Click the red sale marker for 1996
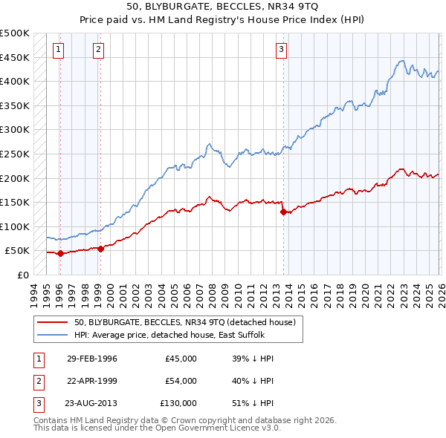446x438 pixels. click(x=60, y=253)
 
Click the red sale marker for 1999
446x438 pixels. click(x=100, y=249)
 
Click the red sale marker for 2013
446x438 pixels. click(x=283, y=212)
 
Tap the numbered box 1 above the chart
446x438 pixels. click(x=59, y=50)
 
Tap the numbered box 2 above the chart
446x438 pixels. click(x=99, y=50)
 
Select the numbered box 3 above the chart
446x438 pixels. click(x=282, y=50)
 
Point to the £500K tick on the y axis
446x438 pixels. click(x=15, y=33)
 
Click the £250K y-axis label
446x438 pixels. click(x=15, y=154)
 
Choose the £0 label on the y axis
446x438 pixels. click(x=22, y=275)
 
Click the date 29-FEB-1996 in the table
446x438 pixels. click(x=91, y=359)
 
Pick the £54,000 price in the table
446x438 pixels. click(x=181, y=381)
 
